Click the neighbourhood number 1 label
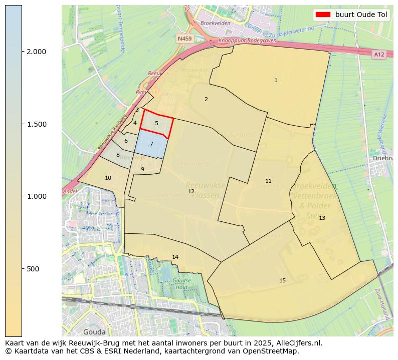point(276,80)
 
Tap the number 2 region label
point(206,99)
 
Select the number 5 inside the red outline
point(156,123)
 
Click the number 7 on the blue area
point(151,144)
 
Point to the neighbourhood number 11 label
point(268,181)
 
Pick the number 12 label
point(191,191)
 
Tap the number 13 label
point(322,218)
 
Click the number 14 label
point(175,257)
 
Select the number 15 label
point(282,280)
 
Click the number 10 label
point(108,178)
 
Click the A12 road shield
point(379,54)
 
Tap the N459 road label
point(184,38)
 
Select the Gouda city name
point(94,331)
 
